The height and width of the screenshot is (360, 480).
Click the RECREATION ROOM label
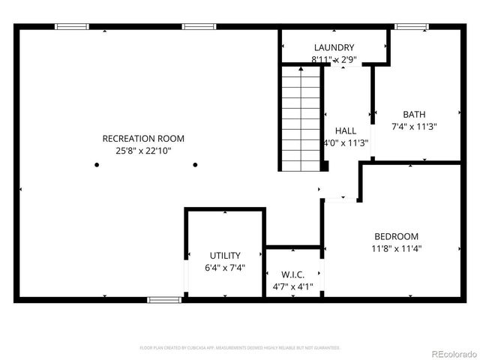[143, 139]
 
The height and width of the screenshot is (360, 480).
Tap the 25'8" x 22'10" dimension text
[143, 151]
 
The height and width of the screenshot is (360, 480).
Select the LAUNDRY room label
[334, 47]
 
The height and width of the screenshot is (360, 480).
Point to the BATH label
[414, 115]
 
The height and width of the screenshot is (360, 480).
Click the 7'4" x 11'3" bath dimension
[414, 127]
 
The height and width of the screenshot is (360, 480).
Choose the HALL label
[346, 130]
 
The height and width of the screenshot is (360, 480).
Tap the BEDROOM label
[395, 236]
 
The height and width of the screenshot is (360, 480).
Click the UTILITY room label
[225, 256]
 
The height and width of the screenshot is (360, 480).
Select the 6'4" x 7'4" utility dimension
[225, 268]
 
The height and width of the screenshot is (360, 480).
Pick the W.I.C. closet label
[292, 274]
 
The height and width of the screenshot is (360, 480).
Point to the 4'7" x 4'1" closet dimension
[292, 286]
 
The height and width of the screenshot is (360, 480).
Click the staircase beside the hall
[301, 118]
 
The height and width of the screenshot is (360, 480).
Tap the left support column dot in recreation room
[97, 165]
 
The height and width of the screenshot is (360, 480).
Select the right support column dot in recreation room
[195, 165]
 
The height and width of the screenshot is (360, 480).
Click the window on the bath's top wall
[412, 27]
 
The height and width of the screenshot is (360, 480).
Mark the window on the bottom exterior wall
[164, 300]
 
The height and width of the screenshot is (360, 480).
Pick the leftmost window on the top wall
[72, 27]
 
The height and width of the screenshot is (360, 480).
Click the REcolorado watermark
[451, 353]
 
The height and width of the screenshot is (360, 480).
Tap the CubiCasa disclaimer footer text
[240, 348]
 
